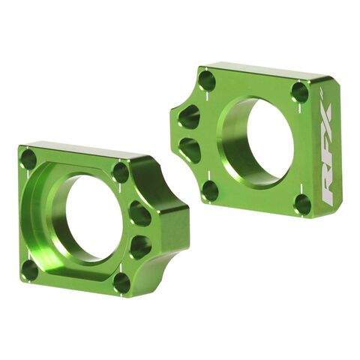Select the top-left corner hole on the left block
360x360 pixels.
pos(29,160)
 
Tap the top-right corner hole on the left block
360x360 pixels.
pos(120,172)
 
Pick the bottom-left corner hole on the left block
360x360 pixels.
pos(30,268)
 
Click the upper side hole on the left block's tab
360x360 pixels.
pos(139,214)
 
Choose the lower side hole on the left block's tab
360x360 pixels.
pos(141,245)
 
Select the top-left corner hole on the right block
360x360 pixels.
pos(207,81)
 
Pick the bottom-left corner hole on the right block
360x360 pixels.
pos(209,190)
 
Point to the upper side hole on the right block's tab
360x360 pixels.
pos(190,118)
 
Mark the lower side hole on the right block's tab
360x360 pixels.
pos(190,148)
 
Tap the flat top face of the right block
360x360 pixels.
pos(262,70)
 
